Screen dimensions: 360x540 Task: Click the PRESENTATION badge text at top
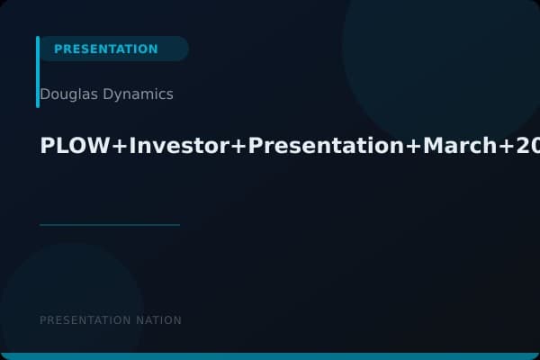105,49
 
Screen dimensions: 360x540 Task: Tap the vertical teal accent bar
38,72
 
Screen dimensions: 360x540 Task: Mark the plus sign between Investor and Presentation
239,148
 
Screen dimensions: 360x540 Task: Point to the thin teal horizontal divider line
110,225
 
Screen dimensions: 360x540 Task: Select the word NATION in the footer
158,320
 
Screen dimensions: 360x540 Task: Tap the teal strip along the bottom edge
270,356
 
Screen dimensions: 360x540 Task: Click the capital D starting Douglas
45,94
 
